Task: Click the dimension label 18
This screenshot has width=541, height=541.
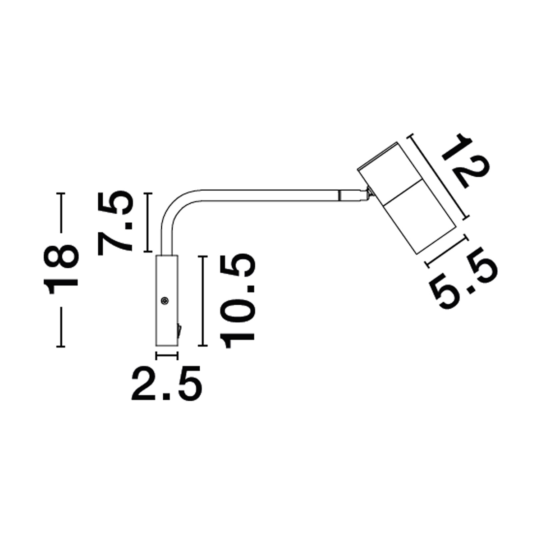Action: [61, 269]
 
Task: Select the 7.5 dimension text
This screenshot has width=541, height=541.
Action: [115, 223]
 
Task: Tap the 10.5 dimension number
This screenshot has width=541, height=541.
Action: [238, 301]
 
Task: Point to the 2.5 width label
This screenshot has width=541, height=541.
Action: [166, 383]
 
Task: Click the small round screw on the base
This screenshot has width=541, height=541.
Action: [164, 300]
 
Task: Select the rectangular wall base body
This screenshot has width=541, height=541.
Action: [167, 300]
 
